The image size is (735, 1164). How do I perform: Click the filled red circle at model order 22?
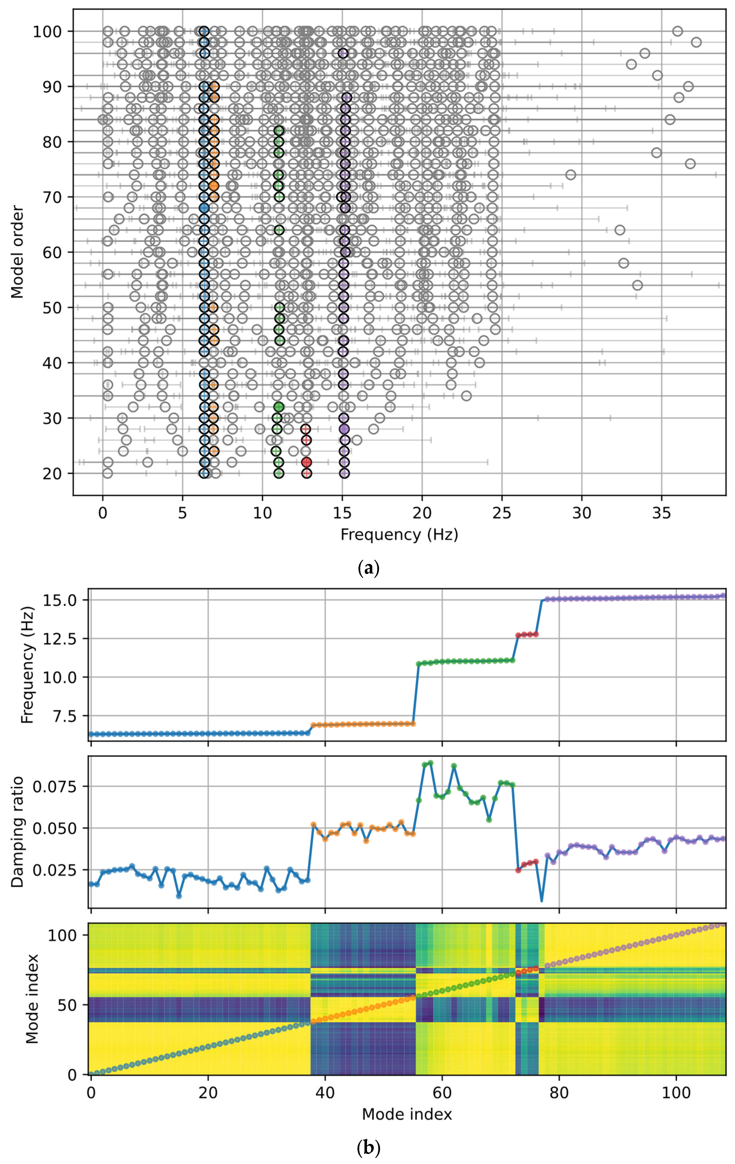point(306,462)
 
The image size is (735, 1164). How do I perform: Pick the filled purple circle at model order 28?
point(344,429)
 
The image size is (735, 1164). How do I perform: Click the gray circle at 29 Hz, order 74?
point(571,175)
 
